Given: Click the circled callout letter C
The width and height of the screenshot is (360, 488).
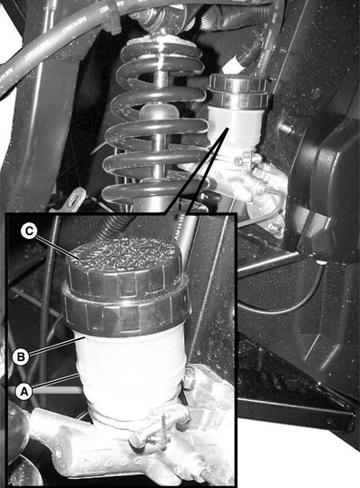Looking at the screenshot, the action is pos(29,231).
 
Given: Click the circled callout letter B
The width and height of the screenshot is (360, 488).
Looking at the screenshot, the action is pos(21,356).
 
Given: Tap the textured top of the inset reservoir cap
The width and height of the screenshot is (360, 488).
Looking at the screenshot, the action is pos(124,255).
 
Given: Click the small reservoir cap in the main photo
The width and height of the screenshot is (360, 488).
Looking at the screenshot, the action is pos(238,91).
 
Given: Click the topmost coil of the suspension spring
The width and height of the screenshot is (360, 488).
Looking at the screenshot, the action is pos(160,54).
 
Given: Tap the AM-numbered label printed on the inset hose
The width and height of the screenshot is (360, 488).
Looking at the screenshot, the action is pos(179,227).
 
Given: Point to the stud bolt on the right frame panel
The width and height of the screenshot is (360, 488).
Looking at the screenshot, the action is pos(286,128).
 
